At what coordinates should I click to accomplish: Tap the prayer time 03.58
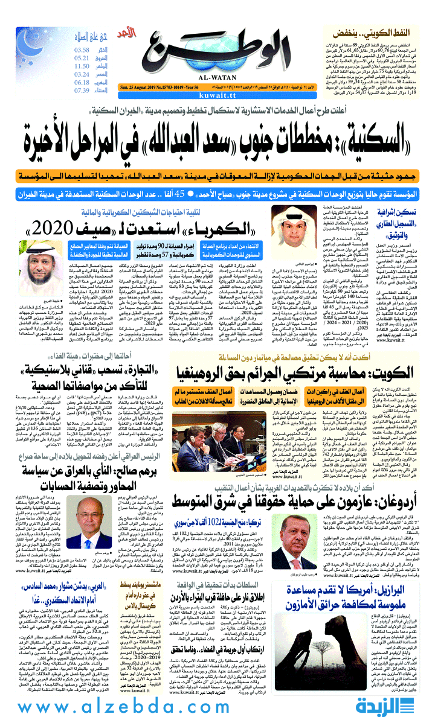pyautogui.click(x=82, y=49)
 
